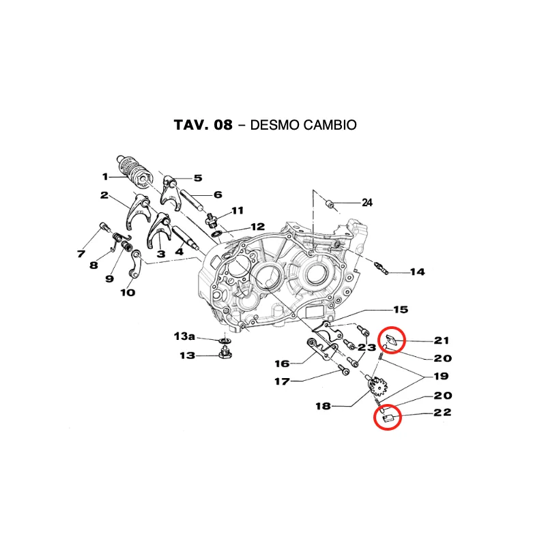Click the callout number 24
(367, 202)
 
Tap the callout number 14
(417, 272)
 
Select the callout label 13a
(184, 336)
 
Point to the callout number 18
(323, 406)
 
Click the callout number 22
(442, 412)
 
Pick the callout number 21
(442, 340)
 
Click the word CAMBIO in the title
(303, 125)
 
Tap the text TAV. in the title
(191, 125)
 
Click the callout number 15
(401, 310)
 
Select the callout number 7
(81, 254)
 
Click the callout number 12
(258, 227)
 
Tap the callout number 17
(282, 382)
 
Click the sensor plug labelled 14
(381, 268)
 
